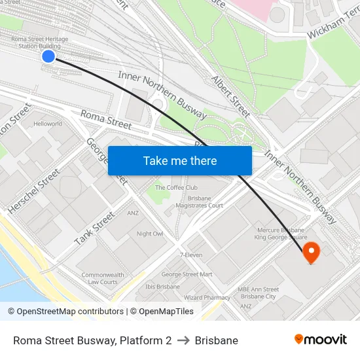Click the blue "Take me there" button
[180, 160]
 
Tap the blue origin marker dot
[48, 56]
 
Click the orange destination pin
[310, 252]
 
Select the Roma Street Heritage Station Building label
[39, 43]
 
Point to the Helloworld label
[48, 124]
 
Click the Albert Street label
[231, 96]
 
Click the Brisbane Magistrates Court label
[199, 202]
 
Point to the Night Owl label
[150, 234]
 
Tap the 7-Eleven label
[190, 255]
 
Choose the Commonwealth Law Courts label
[103, 278]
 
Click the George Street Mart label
[187, 274]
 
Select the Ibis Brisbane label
[162, 287]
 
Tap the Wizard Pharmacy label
[207, 297]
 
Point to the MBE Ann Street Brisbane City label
[258, 293]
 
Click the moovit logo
[321, 339]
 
